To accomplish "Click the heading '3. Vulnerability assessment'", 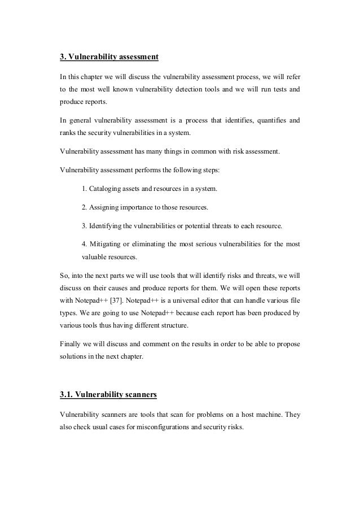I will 109,57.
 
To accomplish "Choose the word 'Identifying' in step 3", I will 108,225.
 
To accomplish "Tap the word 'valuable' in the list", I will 95,257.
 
